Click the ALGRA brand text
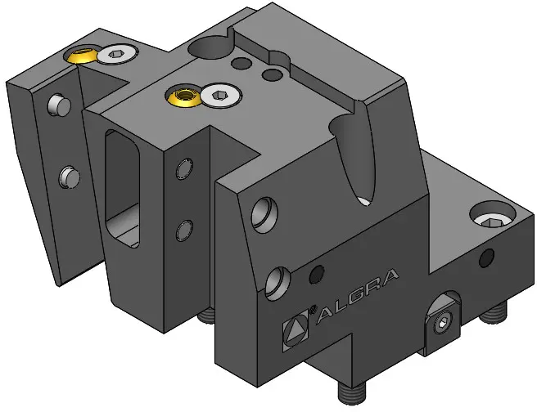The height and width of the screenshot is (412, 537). coord(358,296)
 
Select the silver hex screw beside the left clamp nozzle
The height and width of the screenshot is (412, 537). coord(117,54)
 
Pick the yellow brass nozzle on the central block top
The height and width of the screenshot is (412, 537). coord(183,95)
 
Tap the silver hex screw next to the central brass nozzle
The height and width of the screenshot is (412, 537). coord(221,96)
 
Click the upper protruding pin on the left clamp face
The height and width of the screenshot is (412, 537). coord(59,105)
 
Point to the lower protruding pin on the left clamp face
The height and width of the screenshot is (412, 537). coord(70,177)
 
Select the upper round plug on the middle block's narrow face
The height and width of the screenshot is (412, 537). coord(184,168)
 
